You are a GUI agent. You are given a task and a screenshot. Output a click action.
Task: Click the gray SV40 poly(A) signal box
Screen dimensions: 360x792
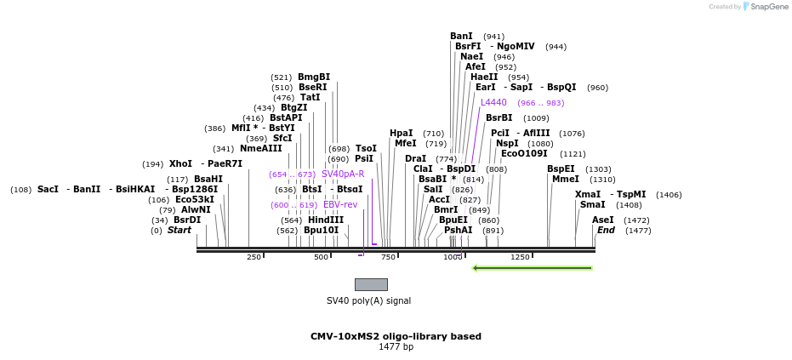pyautogui.click(x=371, y=284)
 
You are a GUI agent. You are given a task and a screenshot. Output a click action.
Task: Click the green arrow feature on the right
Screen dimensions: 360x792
pyautogui.click(x=533, y=268)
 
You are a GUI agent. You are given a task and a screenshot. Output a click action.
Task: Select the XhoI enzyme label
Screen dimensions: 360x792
pyautogui.click(x=180, y=163)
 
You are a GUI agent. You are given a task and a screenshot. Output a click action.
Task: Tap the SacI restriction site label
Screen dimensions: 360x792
pyautogui.click(x=48, y=189)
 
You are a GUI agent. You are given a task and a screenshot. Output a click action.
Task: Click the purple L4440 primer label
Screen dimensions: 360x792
pyautogui.click(x=493, y=102)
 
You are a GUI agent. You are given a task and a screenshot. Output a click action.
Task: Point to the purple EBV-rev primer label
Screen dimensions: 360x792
pyautogui.click(x=340, y=204)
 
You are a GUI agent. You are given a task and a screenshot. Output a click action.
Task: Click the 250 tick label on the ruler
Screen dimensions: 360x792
pyautogui.click(x=254, y=257)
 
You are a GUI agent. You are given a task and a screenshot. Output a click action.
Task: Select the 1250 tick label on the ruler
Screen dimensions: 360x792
pyautogui.click(x=520, y=257)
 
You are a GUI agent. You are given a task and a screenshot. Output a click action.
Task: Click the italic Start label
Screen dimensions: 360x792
pyautogui.click(x=179, y=230)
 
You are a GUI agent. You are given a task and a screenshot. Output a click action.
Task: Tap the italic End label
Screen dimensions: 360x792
pyautogui.click(x=606, y=230)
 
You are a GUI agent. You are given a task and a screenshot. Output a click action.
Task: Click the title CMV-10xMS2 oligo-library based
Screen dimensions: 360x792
pyautogui.click(x=396, y=336)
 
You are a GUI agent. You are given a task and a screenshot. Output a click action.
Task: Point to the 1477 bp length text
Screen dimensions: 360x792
pyautogui.click(x=396, y=347)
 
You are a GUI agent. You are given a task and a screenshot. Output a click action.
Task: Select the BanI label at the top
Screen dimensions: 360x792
pyautogui.click(x=462, y=36)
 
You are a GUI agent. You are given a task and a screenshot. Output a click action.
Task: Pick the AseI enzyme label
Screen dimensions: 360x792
pyautogui.click(x=603, y=220)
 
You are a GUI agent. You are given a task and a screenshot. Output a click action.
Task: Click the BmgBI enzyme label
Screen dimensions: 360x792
pyautogui.click(x=314, y=77)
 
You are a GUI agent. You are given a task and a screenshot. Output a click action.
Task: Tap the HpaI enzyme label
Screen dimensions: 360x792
pyautogui.click(x=402, y=133)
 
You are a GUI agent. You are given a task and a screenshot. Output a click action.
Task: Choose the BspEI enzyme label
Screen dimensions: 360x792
pyautogui.click(x=561, y=169)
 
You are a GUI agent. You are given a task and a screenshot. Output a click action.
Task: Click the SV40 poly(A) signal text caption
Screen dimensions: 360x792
pyautogui.click(x=369, y=300)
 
